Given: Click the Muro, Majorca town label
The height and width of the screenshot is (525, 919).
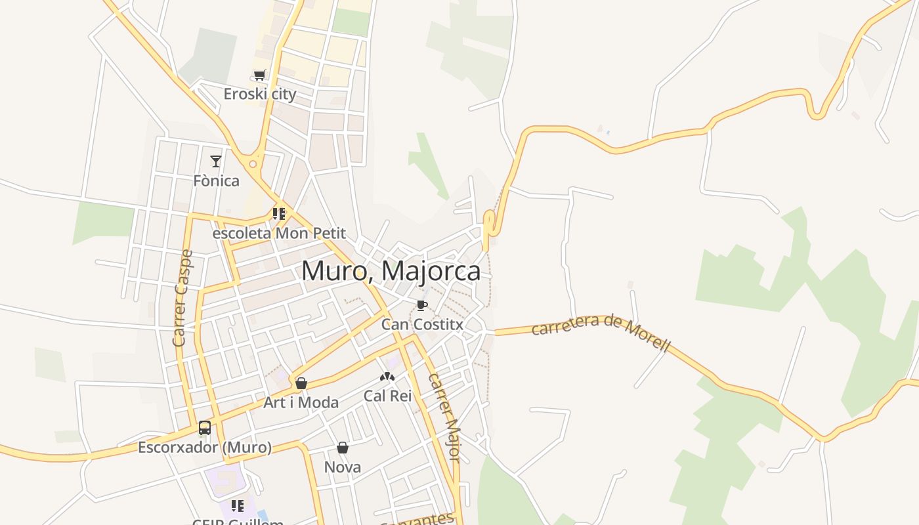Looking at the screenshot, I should pos(391,271).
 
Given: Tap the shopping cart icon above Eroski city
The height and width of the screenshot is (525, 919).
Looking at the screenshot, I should pos(260,75).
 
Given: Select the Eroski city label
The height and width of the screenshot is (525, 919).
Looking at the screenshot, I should pos(260,94).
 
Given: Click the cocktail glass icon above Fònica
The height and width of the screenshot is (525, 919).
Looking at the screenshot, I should pos(216,161).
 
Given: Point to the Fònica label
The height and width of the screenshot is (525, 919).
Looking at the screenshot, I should pos(216,180).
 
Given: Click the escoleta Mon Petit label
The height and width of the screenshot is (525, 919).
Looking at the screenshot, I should pos(279,234).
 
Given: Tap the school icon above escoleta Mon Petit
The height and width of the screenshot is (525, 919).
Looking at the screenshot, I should pos(279,214).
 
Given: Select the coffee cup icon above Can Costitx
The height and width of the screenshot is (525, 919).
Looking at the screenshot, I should pos(422,306).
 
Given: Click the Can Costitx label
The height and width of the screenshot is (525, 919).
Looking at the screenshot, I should pos(422,324).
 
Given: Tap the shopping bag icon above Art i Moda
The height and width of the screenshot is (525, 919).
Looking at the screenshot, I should pos(301,383).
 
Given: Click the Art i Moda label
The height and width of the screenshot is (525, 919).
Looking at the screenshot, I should pos(301,402).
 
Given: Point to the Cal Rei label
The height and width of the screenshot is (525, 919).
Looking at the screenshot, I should pos(387,396).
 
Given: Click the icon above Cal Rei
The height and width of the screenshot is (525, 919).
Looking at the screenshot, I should pos(387,377).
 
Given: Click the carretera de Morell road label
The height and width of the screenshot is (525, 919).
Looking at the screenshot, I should pos(601,332).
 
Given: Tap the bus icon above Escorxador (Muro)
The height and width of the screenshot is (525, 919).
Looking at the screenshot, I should pos(205,429).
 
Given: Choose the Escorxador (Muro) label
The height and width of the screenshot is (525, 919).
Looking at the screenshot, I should pos(205,448).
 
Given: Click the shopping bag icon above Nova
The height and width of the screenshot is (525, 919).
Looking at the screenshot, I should pos(343,448).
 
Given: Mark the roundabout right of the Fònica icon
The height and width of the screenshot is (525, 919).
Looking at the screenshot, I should pos(253,163).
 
